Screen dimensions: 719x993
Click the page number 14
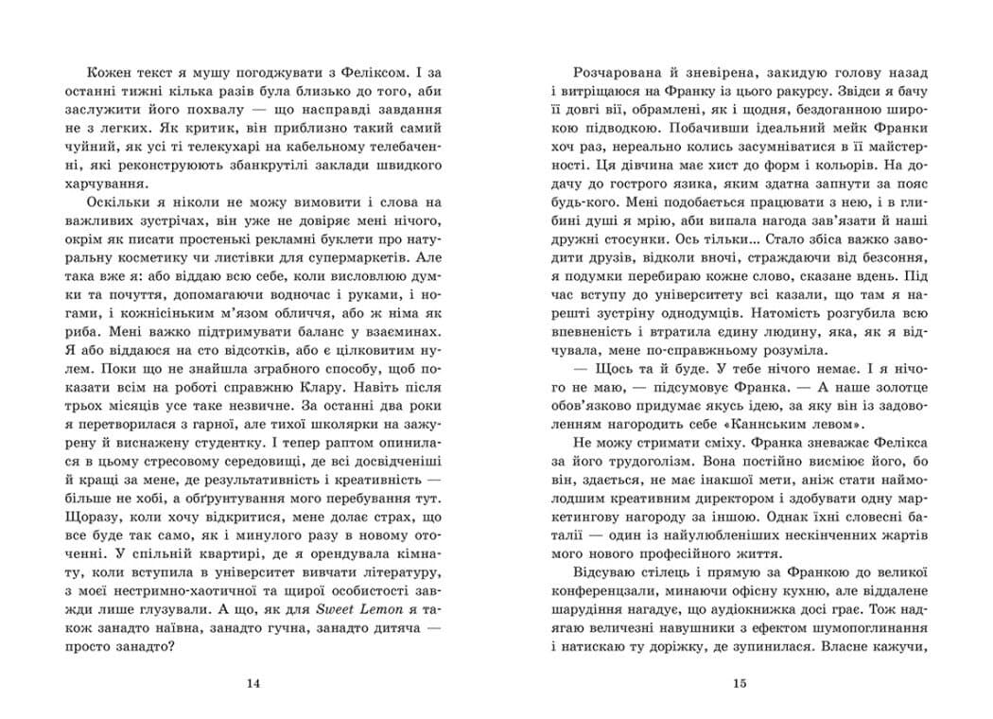[251, 683]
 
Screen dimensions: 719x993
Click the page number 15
[740, 683]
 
